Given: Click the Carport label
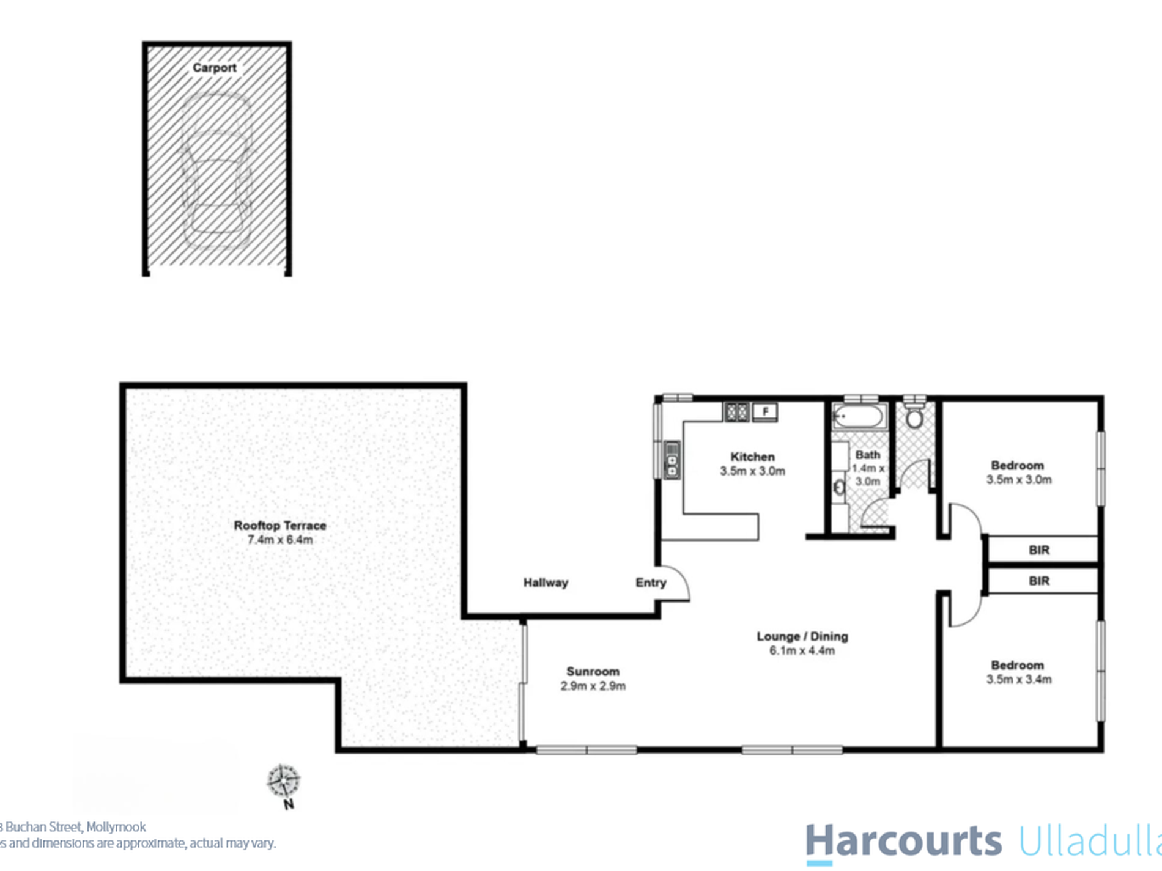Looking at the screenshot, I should point(214,68).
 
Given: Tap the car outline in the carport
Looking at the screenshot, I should point(217,171).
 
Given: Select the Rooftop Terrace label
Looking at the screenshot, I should point(279,526).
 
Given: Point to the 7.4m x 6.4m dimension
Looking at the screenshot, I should point(279,540).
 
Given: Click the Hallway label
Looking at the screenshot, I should point(546,583).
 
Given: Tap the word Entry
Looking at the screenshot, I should point(650,583).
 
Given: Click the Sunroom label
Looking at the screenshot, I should point(592,672).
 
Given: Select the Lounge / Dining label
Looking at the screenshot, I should point(802,636).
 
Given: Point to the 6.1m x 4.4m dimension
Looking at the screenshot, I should point(802,651).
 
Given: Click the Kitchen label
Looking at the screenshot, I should point(752,457).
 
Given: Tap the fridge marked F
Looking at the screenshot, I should point(764,412).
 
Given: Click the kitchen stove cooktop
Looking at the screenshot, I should point(736,412).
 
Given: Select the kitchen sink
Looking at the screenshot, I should point(672,460).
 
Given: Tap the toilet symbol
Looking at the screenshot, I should point(914,416).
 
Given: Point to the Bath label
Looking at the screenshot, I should point(867,455).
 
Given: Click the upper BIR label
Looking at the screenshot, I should point(1038,550).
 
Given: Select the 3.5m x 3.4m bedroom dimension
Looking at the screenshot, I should point(1018,680).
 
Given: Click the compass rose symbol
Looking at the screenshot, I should point(283,781).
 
